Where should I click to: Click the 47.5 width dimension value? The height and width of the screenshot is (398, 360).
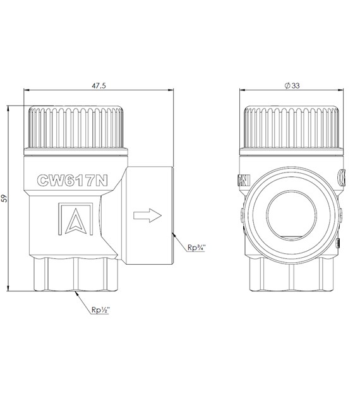(99, 86)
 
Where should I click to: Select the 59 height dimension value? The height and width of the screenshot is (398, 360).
(4, 198)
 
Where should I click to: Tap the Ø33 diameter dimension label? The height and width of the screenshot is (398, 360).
(292, 85)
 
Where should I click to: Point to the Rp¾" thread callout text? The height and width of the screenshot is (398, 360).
(196, 248)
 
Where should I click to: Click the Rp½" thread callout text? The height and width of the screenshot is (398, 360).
(100, 310)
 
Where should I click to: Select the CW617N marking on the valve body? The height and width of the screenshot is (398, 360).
(72, 180)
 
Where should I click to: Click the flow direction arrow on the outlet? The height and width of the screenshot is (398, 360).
(147, 215)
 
